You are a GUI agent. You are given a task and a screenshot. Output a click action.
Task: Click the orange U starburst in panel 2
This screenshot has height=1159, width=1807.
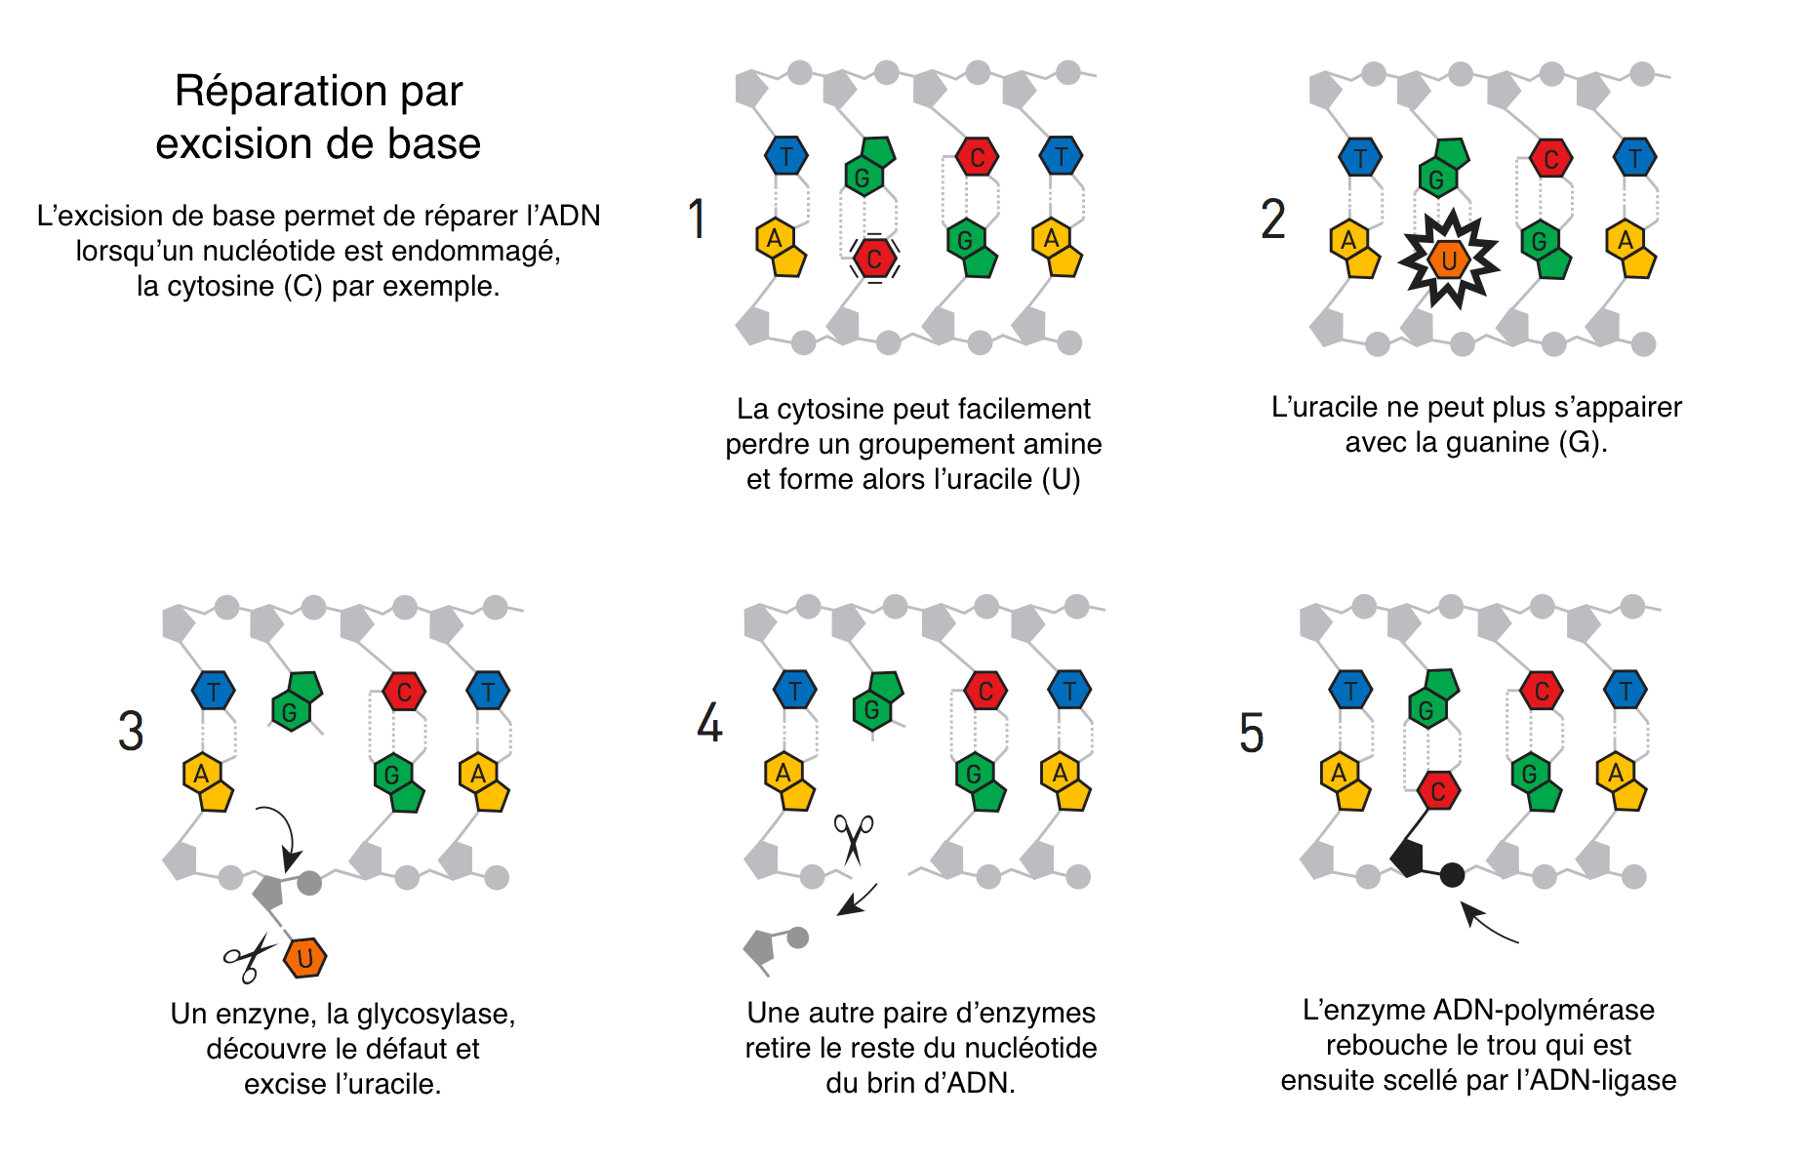[x=1449, y=260]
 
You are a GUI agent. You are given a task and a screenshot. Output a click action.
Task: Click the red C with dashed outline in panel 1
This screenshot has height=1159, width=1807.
[x=874, y=259]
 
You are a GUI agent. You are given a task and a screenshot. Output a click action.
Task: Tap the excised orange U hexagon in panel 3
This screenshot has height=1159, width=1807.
[x=305, y=958]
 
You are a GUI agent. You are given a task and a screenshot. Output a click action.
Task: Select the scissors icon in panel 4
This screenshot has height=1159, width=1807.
[x=853, y=838]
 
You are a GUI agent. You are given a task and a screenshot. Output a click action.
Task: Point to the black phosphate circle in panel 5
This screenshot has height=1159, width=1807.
[x=1452, y=875]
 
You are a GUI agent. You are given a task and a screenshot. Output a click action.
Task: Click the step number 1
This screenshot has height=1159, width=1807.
[x=697, y=219]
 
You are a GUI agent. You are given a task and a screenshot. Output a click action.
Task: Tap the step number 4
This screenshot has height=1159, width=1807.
[x=709, y=723]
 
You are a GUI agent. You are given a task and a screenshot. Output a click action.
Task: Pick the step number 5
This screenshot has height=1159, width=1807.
[x=1251, y=734]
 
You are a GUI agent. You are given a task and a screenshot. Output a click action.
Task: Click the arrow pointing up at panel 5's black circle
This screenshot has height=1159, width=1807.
[x=1486, y=924]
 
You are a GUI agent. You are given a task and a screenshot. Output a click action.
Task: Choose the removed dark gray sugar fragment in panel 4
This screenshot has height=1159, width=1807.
[x=762, y=946]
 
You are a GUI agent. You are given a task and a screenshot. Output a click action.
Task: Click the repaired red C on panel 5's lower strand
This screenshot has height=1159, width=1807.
[x=1438, y=791]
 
